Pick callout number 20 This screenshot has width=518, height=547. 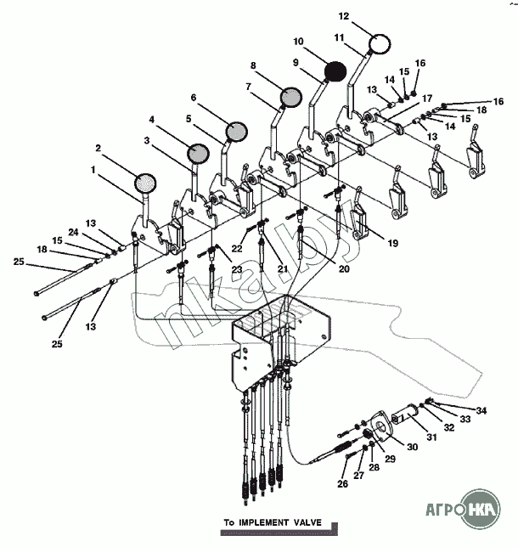[343, 269]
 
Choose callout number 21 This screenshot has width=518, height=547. [282, 268]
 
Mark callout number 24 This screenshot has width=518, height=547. [73, 232]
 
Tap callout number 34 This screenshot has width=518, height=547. [481, 410]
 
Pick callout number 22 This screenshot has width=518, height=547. [238, 249]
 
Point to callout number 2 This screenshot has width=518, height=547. [99, 147]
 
